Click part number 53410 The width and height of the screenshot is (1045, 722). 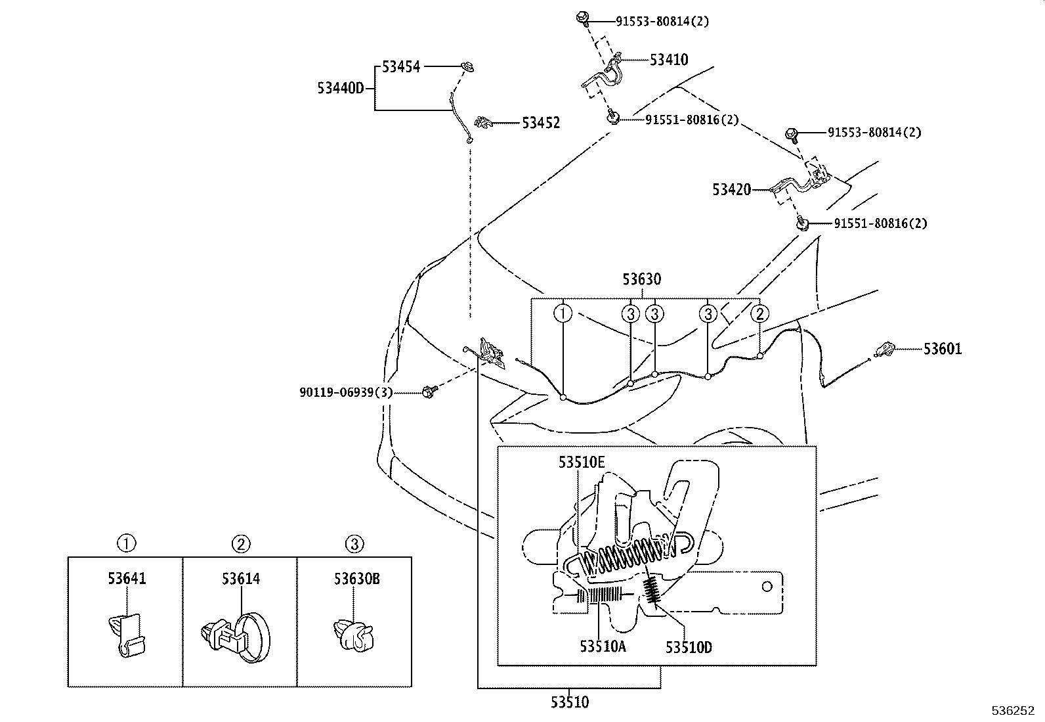pyautogui.click(x=669, y=60)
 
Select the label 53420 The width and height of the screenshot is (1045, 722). pyautogui.click(x=731, y=190)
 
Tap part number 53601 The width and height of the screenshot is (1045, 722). pyautogui.click(x=942, y=349)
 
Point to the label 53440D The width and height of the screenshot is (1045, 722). pyautogui.click(x=340, y=88)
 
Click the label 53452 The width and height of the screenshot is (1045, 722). pyautogui.click(x=541, y=123)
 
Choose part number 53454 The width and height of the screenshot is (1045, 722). pyautogui.click(x=401, y=66)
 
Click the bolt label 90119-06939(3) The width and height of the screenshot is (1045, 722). pyautogui.click(x=346, y=392)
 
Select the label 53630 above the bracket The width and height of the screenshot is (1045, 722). pyautogui.click(x=642, y=279)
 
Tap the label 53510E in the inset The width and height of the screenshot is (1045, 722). pyautogui.click(x=582, y=462)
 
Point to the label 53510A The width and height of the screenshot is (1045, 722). pyautogui.click(x=603, y=647)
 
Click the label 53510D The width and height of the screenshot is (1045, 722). pyautogui.click(x=688, y=647)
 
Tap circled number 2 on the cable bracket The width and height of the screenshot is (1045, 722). pyautogui.click(x=759, y=313)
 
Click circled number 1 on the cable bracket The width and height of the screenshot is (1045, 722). pyautogui.click(x=563, y=313)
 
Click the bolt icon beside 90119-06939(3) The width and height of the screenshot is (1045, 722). pyautogui.click(x=430, y=392)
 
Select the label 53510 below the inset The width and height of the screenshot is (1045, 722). pyautogui.click(x=569, y=702)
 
